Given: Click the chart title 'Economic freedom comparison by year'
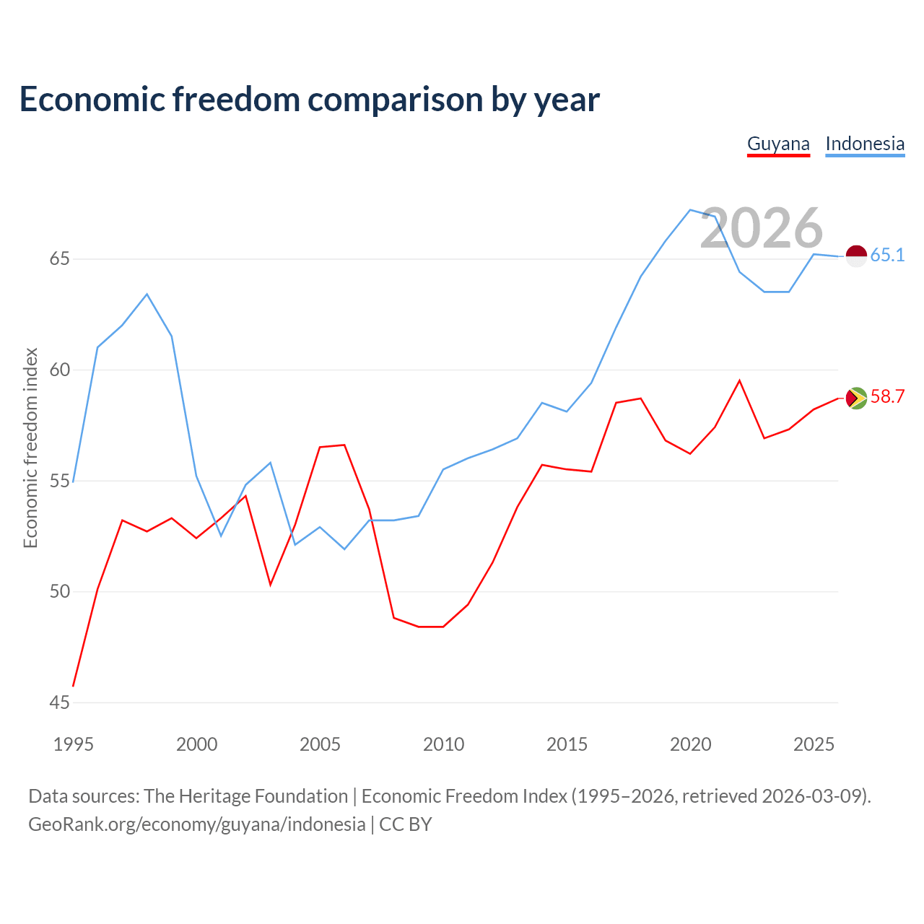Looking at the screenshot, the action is pyautogui.click(x=309, y=100).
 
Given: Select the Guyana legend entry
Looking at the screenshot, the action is pyautogui.click(x=778, y=144).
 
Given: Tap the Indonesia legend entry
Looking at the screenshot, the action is pyautogui.click(x=865, y=144).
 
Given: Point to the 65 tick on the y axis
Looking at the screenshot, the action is pyautogui.click(x=59, y=259).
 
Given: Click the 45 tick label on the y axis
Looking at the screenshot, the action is pyautogui.click(x=59, y=702).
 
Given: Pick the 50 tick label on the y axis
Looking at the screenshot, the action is pyautogui.click(x=59, y=591).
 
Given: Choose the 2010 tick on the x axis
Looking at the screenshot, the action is pyautogui.click(x=443, y=744).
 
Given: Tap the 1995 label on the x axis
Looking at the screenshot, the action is pyautogui.click(x=74, y=744).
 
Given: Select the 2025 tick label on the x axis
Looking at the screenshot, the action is pyautogui.click(x=814, y=744).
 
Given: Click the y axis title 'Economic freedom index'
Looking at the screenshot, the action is pyautogui.click(x=31, y=448).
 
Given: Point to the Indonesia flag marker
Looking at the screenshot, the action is pyautogui.click(x=856, y=256).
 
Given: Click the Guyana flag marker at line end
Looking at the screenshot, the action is pyautogui.click(x=856, y=398).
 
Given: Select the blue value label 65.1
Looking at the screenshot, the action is pyautogui.click(x=888, y=255).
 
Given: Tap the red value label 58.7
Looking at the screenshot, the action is pyautogui.click(x=888, y=396).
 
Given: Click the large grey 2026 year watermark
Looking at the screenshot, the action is pyautogui.click(x=762, y=228).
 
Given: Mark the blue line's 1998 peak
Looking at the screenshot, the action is pyautogui.click(x=147, y=294).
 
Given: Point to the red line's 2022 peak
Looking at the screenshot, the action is pyautogui.click(x=739, y=380).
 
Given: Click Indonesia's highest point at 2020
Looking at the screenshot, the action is pyautogui.click(x=690, y=210).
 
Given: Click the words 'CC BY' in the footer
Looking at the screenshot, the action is pyautogui.click(x=405, y=825).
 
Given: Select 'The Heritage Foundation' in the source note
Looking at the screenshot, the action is pyautogui.click(x=246, y=796).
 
